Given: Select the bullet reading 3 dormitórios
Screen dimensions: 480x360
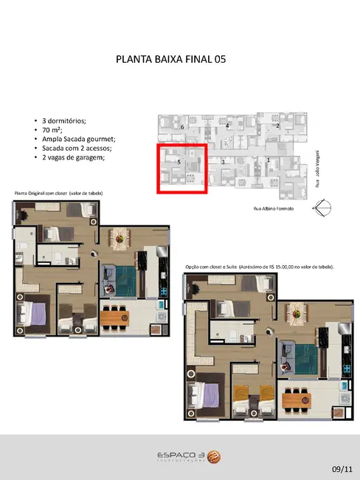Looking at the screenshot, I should (60, 120).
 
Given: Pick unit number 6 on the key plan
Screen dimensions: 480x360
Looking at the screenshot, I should (181, 127).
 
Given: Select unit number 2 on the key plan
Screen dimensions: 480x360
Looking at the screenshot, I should (277, 126).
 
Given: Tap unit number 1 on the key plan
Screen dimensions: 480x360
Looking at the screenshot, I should (269, 160).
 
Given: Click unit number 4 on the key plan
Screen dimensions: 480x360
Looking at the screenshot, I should (227, 126).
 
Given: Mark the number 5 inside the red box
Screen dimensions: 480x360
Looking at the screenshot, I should (178, 160).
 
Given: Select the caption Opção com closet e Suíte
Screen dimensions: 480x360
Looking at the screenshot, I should (258, 266).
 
